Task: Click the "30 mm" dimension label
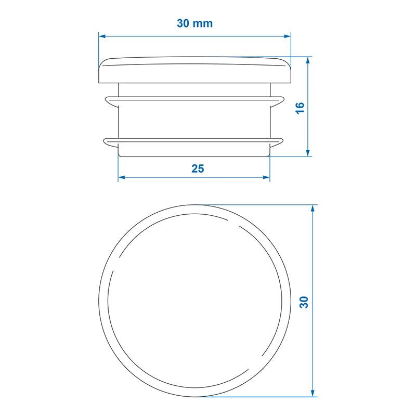pyautogui.click(x=194, y=23)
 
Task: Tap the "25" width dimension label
pyautogui.click(x=198, y=168)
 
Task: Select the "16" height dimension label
pyautogui.click(x=300, y=108)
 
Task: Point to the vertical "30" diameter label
pyautogui.click(x=304, y=302)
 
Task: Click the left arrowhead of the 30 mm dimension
pyautogui.click(x=102, y=36)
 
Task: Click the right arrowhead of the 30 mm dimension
pyautogui.click(x=287, y=36)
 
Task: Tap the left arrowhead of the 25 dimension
pyautogui.click(x=122, y=177)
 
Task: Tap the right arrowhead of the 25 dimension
pyautogui.click(x=266, y=177)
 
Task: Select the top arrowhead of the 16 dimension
pyautogui.click(x=308, y=61)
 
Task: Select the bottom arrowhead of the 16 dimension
pyautogui.click(x=308, y=152)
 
